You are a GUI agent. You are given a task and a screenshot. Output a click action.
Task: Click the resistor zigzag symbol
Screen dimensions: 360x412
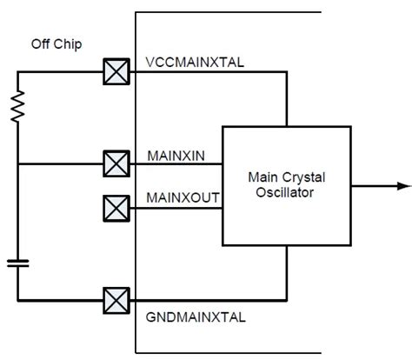[x=18, y=107]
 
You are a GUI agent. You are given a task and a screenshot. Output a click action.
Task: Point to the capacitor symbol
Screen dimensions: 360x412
[x=18, y=263]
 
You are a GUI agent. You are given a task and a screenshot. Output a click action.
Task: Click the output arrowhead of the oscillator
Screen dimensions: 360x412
[x=404, y=185]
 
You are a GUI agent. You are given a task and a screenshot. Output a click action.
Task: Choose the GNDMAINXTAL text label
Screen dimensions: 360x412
[x=194, y=317]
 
